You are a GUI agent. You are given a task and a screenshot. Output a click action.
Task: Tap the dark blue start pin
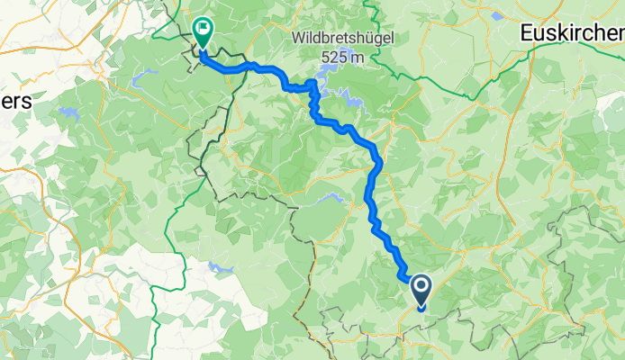(421, 291)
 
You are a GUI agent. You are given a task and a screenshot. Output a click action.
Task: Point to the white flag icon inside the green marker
(204, 30)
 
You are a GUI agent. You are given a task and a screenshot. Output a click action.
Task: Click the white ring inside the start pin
(421, 288)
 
